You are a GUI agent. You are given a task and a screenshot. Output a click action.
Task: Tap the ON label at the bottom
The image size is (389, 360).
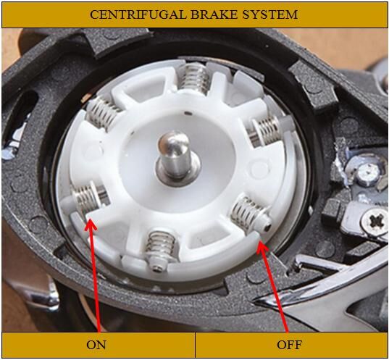(96, 344)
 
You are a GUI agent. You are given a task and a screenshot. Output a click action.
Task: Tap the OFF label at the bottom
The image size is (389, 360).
(289, 344)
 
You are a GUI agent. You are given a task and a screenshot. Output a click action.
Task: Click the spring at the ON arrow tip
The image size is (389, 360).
(87, 198)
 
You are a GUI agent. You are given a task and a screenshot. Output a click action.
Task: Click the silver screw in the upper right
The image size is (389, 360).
(367, 172)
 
